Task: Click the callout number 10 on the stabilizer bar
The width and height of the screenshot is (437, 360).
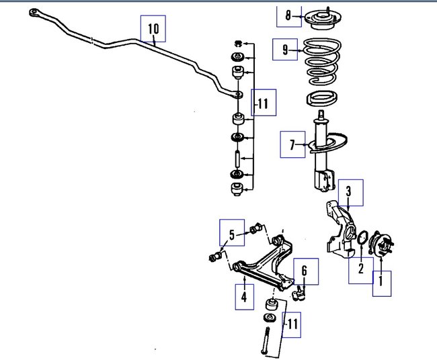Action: point(153,28)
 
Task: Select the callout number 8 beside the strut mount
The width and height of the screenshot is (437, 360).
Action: point(288,15)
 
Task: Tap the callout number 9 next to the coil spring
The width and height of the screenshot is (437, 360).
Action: point(284,49)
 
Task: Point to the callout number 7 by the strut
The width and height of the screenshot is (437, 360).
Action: point(292,144)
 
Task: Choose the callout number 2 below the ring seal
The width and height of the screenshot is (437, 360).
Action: point(360,269)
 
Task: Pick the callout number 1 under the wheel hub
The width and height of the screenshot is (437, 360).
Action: point(381,281)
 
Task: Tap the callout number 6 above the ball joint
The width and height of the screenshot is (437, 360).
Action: point(304,271)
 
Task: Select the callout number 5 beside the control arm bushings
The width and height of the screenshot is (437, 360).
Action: point(231,234)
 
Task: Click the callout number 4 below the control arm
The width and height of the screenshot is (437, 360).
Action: point(244,296)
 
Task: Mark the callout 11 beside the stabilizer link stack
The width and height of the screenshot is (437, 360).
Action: point(263,103)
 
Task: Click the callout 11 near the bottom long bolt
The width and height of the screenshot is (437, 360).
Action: point(291,325)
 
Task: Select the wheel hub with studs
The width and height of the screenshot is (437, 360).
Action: point(383,246)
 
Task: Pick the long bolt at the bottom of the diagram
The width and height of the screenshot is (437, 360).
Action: point(264,340)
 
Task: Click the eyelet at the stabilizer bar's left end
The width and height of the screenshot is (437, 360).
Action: point(34,13)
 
